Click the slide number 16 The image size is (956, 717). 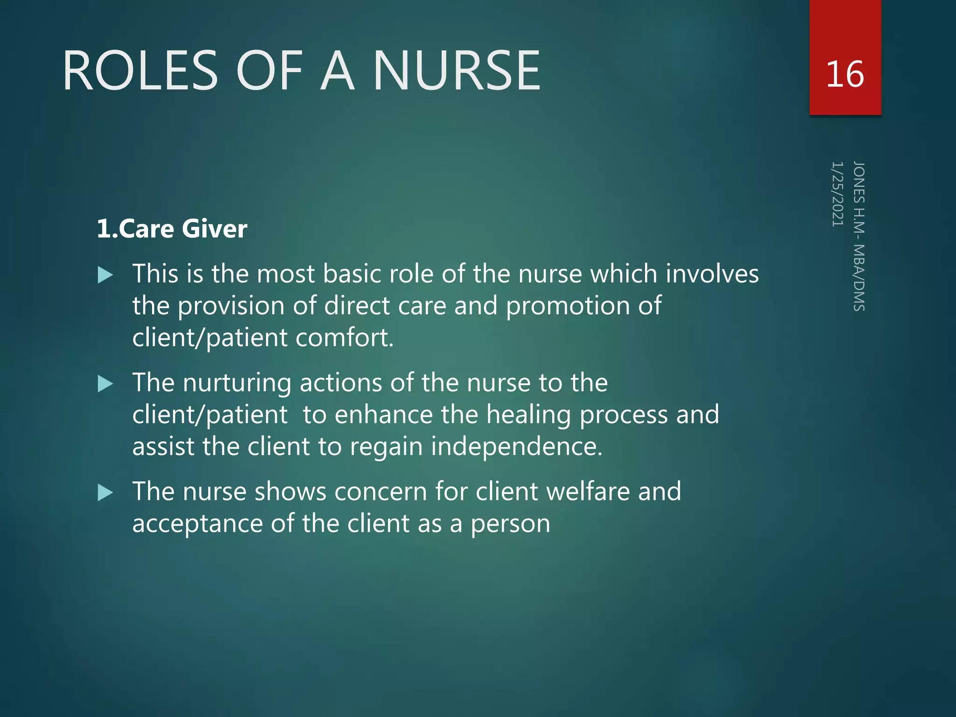[x=845, y=74]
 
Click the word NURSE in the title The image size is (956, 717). [x=457, y=71]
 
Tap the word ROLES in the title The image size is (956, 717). [x=141, y=71]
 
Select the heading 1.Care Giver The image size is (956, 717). [x=172, y=229]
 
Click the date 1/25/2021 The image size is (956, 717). [x=837, y=194]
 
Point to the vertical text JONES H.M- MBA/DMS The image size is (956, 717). [x=859, y=236]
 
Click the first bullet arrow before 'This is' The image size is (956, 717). [x=105, y=275]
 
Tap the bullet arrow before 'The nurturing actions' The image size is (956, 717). [x=105, y=384]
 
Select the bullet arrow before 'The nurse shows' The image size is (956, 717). [x=105, y=493]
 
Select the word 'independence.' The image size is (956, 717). [x=517, y=447]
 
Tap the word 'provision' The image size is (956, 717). [x=232, y=306]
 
